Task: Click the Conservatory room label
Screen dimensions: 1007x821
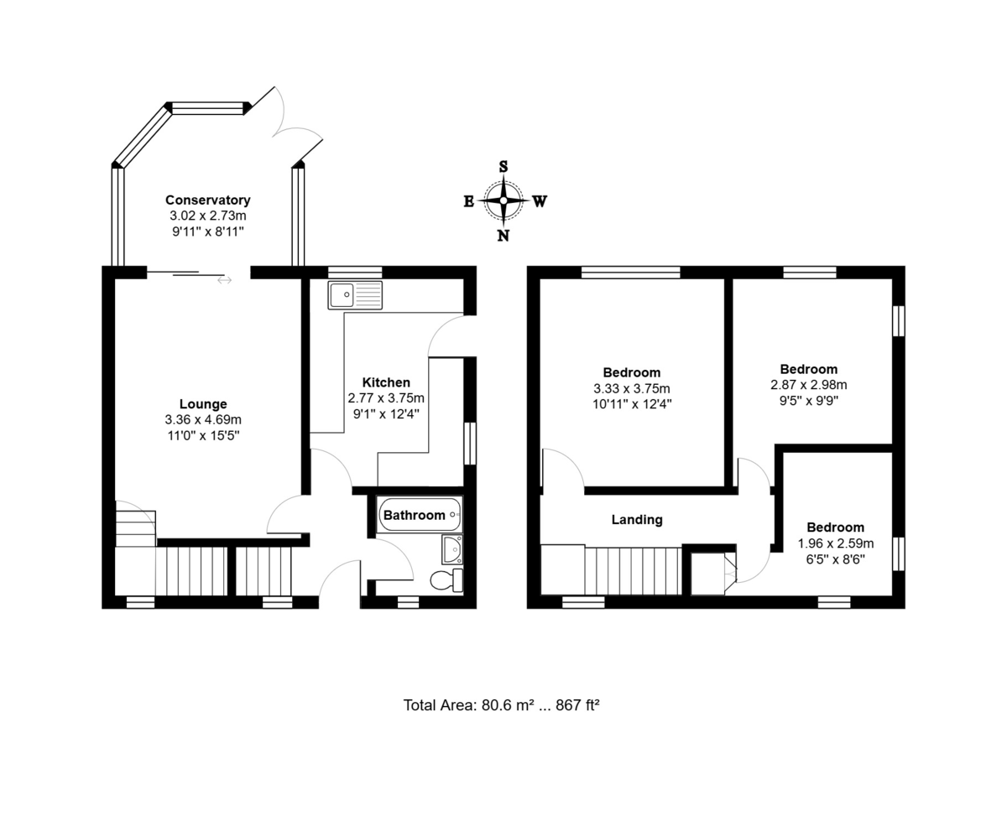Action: point(208,200)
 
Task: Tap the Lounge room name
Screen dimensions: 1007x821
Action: point(203,404)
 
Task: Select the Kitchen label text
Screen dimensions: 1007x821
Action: point(386,382)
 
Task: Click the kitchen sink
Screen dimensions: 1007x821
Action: point(355,295)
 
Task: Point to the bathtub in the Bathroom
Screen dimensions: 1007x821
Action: point(420,515)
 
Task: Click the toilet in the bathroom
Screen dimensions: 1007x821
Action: point(446,580)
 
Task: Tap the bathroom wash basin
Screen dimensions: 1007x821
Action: point(452,549)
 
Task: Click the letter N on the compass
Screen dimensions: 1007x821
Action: point(503,236)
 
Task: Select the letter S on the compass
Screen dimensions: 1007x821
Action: point(503,167)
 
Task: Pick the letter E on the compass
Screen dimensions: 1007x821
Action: point(469,202)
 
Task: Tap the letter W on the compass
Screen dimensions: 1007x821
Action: point(540,202)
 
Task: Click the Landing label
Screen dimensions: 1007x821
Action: point(637,519)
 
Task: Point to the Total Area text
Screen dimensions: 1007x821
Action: point(501,705)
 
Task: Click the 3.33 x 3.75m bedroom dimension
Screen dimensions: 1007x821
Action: point(632,388)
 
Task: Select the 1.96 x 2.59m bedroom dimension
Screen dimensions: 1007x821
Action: point(836,543)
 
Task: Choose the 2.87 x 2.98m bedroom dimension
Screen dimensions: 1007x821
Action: point(809,384)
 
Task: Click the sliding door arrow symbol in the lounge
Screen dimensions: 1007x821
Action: point(224,280)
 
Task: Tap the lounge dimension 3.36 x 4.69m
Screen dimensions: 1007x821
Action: point(203,420)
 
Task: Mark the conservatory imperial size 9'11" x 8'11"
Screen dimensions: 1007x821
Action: point(208,231)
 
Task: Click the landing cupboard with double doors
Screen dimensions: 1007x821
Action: point(713,574)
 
